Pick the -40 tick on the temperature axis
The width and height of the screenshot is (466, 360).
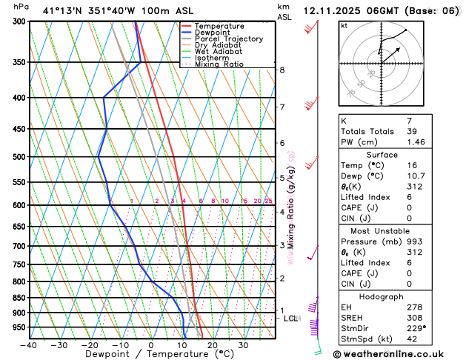point(29,345)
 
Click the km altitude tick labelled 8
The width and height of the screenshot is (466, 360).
point(282,70)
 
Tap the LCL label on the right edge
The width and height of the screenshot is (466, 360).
point(291,319)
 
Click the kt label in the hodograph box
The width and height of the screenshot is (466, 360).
point(344,26)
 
